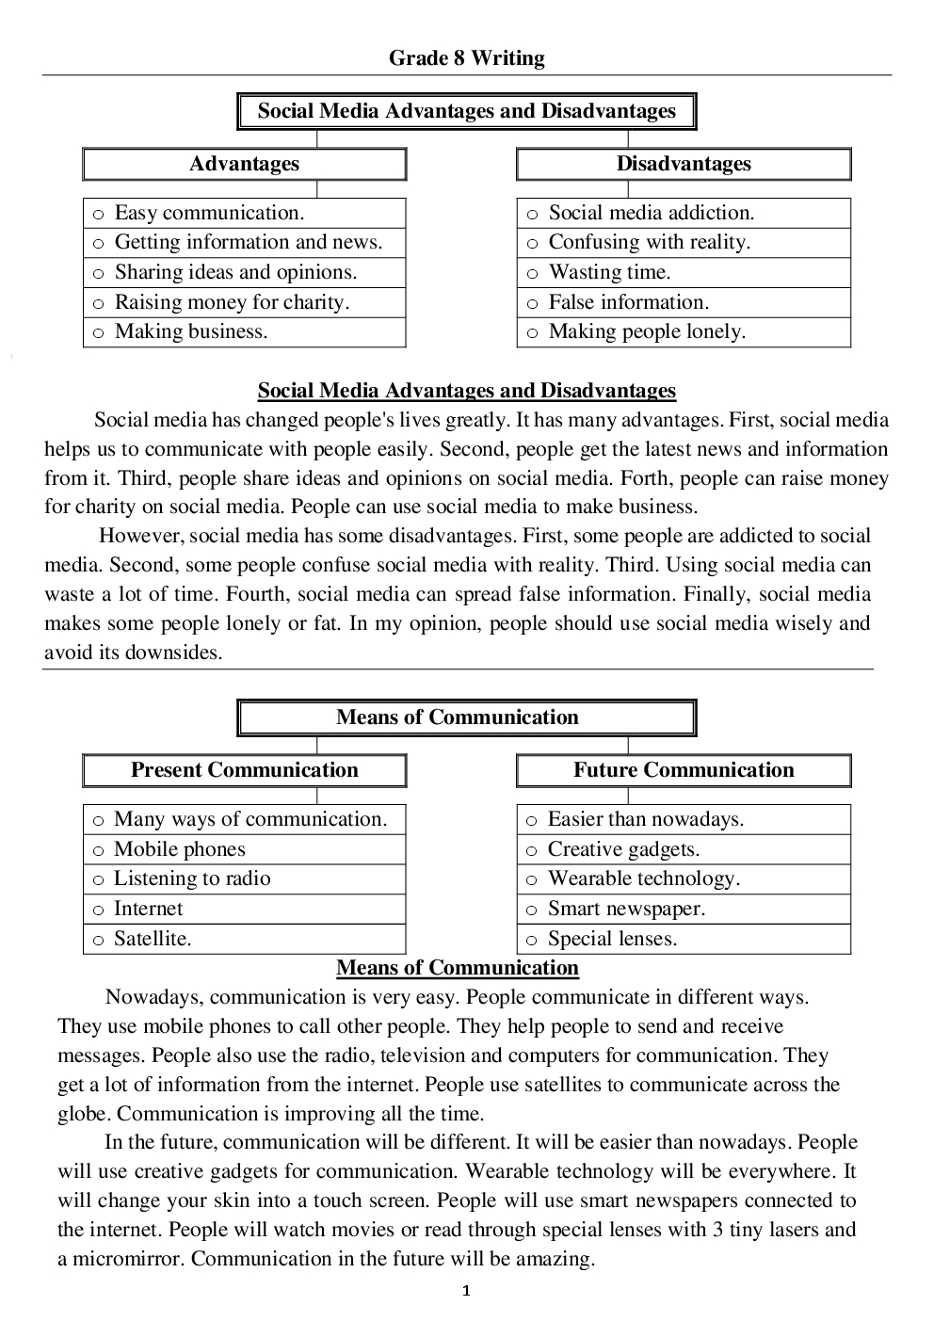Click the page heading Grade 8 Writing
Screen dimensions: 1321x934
tap(466, 58)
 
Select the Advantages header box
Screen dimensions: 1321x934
tap(244, 164)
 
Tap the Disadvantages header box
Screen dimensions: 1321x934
tap(684, 164)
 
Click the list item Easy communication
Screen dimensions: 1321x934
tap(209, 213)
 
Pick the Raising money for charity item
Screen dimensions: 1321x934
tap(232, 302)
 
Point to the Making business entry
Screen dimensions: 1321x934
tap(191, 331)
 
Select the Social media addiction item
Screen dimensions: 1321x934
tap(652, 213)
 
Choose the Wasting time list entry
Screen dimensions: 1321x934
tap(609, 272)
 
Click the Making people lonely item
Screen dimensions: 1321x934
tap(647, 331)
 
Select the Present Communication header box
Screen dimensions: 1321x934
tap(244, 770)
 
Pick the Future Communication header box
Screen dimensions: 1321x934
tap(684, 770)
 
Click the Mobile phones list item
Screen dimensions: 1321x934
tap(179, 849)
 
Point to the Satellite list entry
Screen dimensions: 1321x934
tap(153, 939)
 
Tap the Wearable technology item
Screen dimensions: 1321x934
tap(644, 878)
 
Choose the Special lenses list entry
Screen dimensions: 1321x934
tap(612, 939)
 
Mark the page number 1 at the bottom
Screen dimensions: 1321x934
tap(466, 1291)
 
